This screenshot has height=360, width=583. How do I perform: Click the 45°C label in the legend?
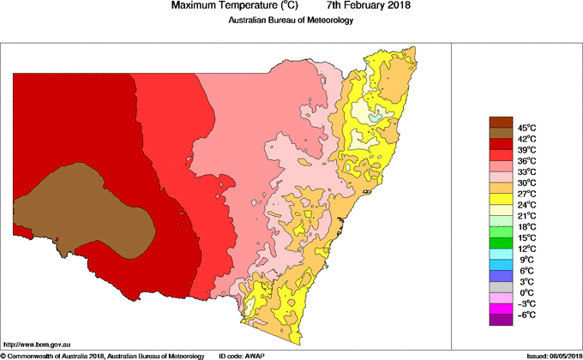(x=526, y=128)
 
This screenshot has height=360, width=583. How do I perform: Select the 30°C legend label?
(x=526, y=183)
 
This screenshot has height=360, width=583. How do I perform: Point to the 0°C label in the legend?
(x=526, y=292)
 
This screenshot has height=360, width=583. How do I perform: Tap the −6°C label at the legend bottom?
(x=526, y=315)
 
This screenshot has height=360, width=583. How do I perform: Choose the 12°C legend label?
(x=526, y=249)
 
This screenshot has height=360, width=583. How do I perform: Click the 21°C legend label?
(x=526, y=215)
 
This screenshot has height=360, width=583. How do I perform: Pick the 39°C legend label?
(x=526, y=149)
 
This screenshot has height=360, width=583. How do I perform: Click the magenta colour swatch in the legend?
(x=500, y=309)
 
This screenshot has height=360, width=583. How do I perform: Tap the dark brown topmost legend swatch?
(x=500, y=122)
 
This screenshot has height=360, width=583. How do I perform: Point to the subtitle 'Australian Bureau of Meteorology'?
(x=291, y=21)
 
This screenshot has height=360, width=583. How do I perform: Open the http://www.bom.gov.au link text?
(x=37, y=343)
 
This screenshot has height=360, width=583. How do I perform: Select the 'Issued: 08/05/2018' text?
(x=548, y=355)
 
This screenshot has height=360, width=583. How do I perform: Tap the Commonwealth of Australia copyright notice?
(x=103, y=355)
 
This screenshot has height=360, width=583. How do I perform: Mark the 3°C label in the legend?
(x=526, y=281)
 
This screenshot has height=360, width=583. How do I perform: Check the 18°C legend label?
(x=526, y=226)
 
